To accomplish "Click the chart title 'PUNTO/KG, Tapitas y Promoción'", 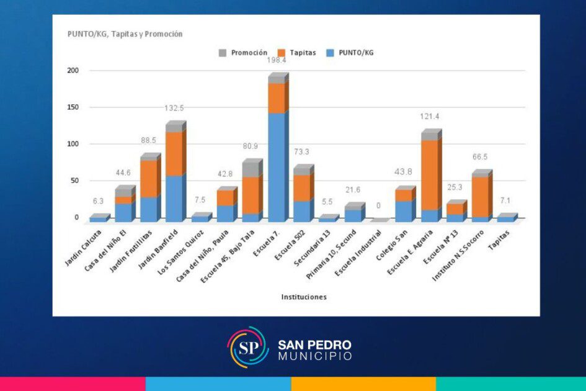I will (125, 34).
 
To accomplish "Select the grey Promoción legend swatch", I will (223, 53).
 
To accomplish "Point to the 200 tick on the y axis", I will (73, 71).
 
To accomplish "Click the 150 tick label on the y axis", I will (73, 107).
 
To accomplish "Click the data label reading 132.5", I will (174, 108).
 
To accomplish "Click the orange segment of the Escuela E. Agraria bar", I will (429, 175).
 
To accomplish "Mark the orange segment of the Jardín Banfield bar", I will (175, 154).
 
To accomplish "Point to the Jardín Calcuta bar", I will (98, 219).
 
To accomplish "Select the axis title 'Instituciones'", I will (303, 297).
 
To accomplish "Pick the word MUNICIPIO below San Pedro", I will (315, 356).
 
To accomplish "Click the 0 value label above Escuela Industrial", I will (378, 205).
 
